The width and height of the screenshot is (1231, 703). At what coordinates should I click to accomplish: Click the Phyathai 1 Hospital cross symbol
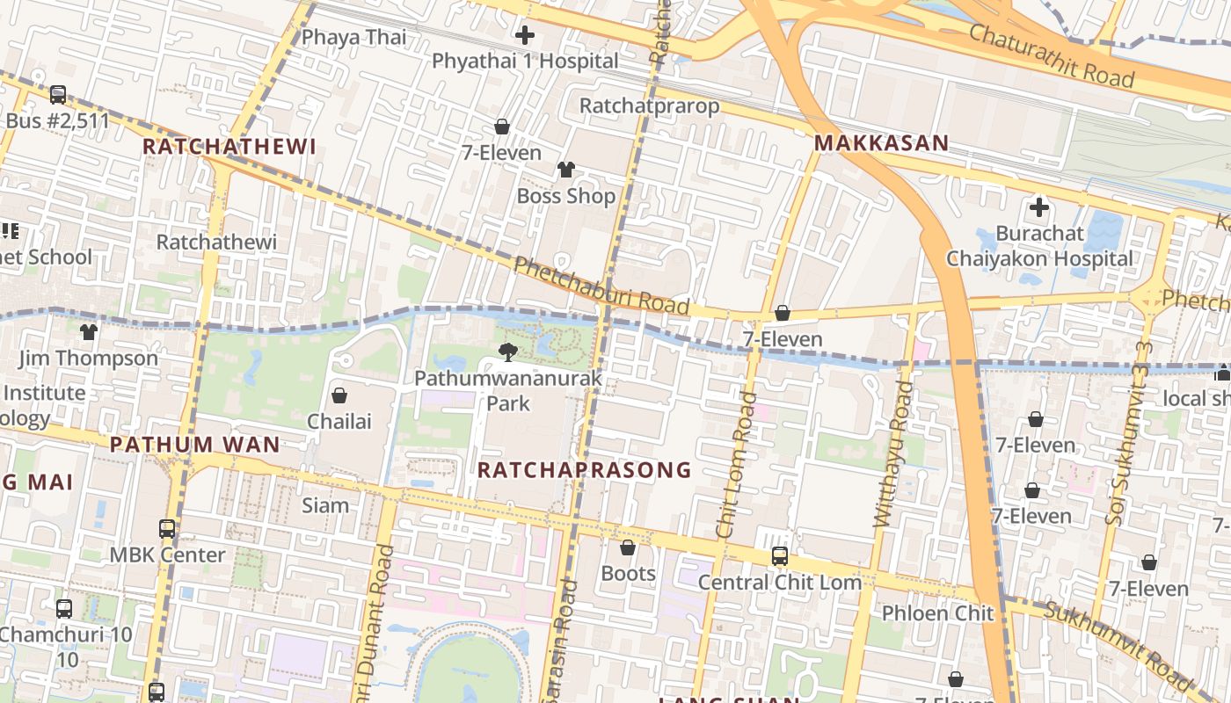[525, 35]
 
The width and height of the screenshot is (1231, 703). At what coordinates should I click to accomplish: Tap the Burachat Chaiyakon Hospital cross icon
[1039, 208]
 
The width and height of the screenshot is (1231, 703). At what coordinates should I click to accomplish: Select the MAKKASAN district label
[881, 143]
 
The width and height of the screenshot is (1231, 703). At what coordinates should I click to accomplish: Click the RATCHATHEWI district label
[229, 147]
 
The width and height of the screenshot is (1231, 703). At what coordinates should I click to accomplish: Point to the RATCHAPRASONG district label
[584, 470]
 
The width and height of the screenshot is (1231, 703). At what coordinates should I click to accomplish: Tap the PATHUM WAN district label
[194, 445]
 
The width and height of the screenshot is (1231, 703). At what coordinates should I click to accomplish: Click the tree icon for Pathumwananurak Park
[507, 352]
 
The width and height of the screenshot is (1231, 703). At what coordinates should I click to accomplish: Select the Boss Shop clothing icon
[566, 170]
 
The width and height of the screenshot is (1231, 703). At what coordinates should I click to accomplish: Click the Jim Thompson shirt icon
[89, 332]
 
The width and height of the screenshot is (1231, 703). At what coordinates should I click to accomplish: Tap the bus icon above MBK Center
[167, 529]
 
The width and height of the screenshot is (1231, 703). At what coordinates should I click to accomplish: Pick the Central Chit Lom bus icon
[779, 556]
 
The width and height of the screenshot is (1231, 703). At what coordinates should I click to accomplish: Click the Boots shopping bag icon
[628, 548]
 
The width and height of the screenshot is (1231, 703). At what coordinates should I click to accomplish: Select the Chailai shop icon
[339, 396]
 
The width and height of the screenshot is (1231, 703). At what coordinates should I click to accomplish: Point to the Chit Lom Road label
[736, 465]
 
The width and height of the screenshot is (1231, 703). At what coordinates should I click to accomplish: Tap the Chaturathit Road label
[1052, 54]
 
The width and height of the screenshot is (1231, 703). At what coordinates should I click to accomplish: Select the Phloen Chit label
[937, 612]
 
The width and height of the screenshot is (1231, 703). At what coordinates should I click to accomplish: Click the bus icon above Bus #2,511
[58, 94]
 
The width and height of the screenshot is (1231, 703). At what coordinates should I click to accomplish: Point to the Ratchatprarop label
[649, 106]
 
